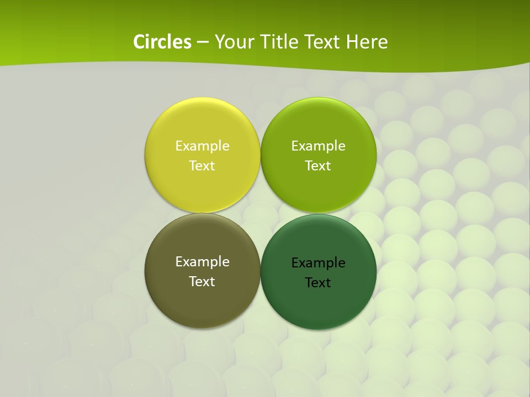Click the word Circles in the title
pyautogui.click(x=162, y=42)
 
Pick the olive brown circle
pyautogui.click(x=202, y=298)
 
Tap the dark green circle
pyautogui.click(x=318, y=301)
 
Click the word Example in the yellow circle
pyautogui.click(x=202, y=146)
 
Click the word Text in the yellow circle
pyautogui.click(x=202, y=166)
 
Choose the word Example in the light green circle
pyautogui.click(x=318, y=146)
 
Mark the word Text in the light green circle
pyautogui.click(x=318, y=166)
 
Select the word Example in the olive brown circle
pyautogui.click(x=202, y=262)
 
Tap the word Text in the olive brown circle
pyautogui.click(x=202, y=282)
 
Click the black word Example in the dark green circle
pyautogui.click(x=318, y=263)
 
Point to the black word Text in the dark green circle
pyautogui.click(x=318, y=283)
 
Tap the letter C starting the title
pyautogui.click(x=139, y=42)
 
